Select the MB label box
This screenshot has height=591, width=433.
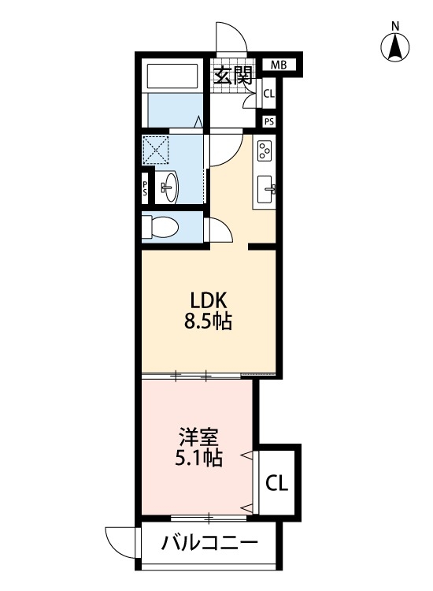(x=279, y=65)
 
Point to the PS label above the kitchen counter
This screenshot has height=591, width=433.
(x=269, y=121)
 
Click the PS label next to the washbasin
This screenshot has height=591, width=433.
(x=146, y=189)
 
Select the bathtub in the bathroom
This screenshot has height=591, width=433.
(x=173, y=76)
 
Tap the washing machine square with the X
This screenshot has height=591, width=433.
(x=156, y=149)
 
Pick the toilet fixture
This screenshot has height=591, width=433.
(x=161, y=228)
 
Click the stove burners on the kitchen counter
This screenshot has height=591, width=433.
(x=265, y=149)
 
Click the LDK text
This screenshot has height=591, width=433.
(x=209, y=300)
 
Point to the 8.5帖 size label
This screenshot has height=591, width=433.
(x=209, y=322)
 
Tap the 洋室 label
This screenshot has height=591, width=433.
(x=198, y=436)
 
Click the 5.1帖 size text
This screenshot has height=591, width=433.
(x=198, y=458)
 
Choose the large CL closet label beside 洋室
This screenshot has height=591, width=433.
(x=276, y=482)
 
